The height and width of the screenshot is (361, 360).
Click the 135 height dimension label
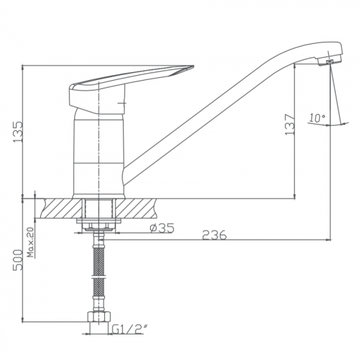[18, 131]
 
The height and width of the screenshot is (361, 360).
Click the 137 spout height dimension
[290, 125]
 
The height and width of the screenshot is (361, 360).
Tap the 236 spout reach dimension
[215, 234]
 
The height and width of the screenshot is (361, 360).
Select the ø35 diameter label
[162, 228]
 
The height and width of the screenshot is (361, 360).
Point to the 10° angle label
[317, 118]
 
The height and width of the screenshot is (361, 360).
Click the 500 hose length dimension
[18, 259]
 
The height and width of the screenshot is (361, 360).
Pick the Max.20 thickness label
[31, 242]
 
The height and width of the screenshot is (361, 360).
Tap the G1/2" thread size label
[130, 330]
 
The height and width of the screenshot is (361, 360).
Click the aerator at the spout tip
[329, 61]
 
